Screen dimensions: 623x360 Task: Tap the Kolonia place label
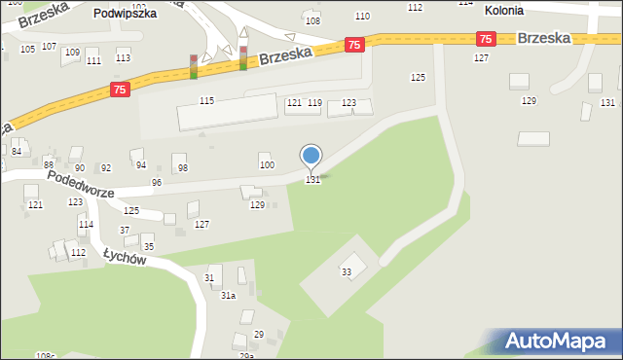point(503,10)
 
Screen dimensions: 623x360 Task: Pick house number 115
point(206,101)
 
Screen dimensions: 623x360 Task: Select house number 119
point(314,102)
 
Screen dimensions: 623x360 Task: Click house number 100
point(267,164)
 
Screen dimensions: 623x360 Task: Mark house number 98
point(182,168)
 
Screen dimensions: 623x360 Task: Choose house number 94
point(141,165)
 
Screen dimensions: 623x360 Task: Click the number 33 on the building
point(347,271)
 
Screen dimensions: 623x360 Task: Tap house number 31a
point(228,295)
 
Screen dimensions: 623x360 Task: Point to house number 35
point(148,247)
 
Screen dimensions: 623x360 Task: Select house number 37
point(125,230)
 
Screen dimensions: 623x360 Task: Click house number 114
point(87,225)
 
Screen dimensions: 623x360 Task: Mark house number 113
point(123,57)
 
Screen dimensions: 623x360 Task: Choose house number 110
point(362,16)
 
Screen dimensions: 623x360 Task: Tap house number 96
point(156,183)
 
